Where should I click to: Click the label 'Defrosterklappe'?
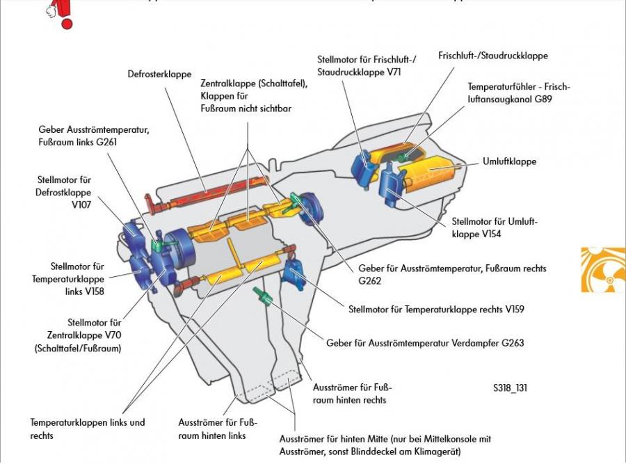tap(159, 74)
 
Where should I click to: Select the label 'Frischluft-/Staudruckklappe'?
tap(493, 56)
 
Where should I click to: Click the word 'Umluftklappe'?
tap(509, 161)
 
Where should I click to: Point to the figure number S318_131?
tap(507, 387)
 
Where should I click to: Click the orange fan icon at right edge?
tap(602, 270)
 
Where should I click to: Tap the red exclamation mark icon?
tap(65, 14)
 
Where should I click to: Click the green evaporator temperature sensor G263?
tap(263, 295)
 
